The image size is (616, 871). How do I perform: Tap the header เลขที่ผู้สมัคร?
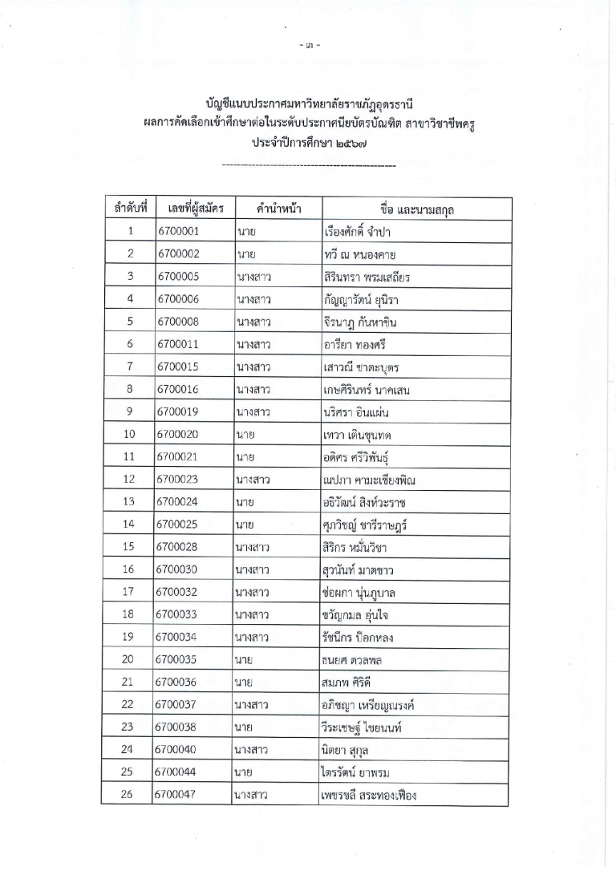click(x=191, y=209)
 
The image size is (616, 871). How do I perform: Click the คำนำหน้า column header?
click(x=273, y=209)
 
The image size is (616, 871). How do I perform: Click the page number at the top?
click(x=308, y=44)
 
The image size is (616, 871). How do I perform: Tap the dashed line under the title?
click(x=308, y=166)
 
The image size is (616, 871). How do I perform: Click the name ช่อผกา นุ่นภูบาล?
click(x=359, y=593)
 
